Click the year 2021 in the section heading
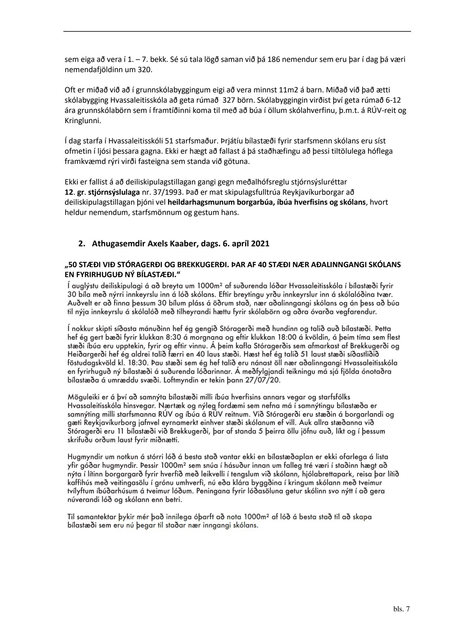pos(260,244)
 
